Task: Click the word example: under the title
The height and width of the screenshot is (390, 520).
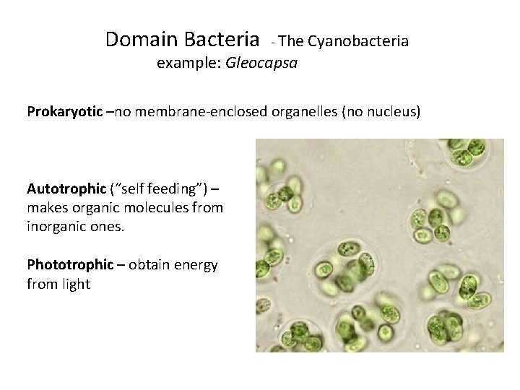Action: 189,64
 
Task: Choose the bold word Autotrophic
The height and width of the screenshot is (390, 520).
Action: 66,189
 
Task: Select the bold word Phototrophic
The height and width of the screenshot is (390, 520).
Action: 70,265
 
